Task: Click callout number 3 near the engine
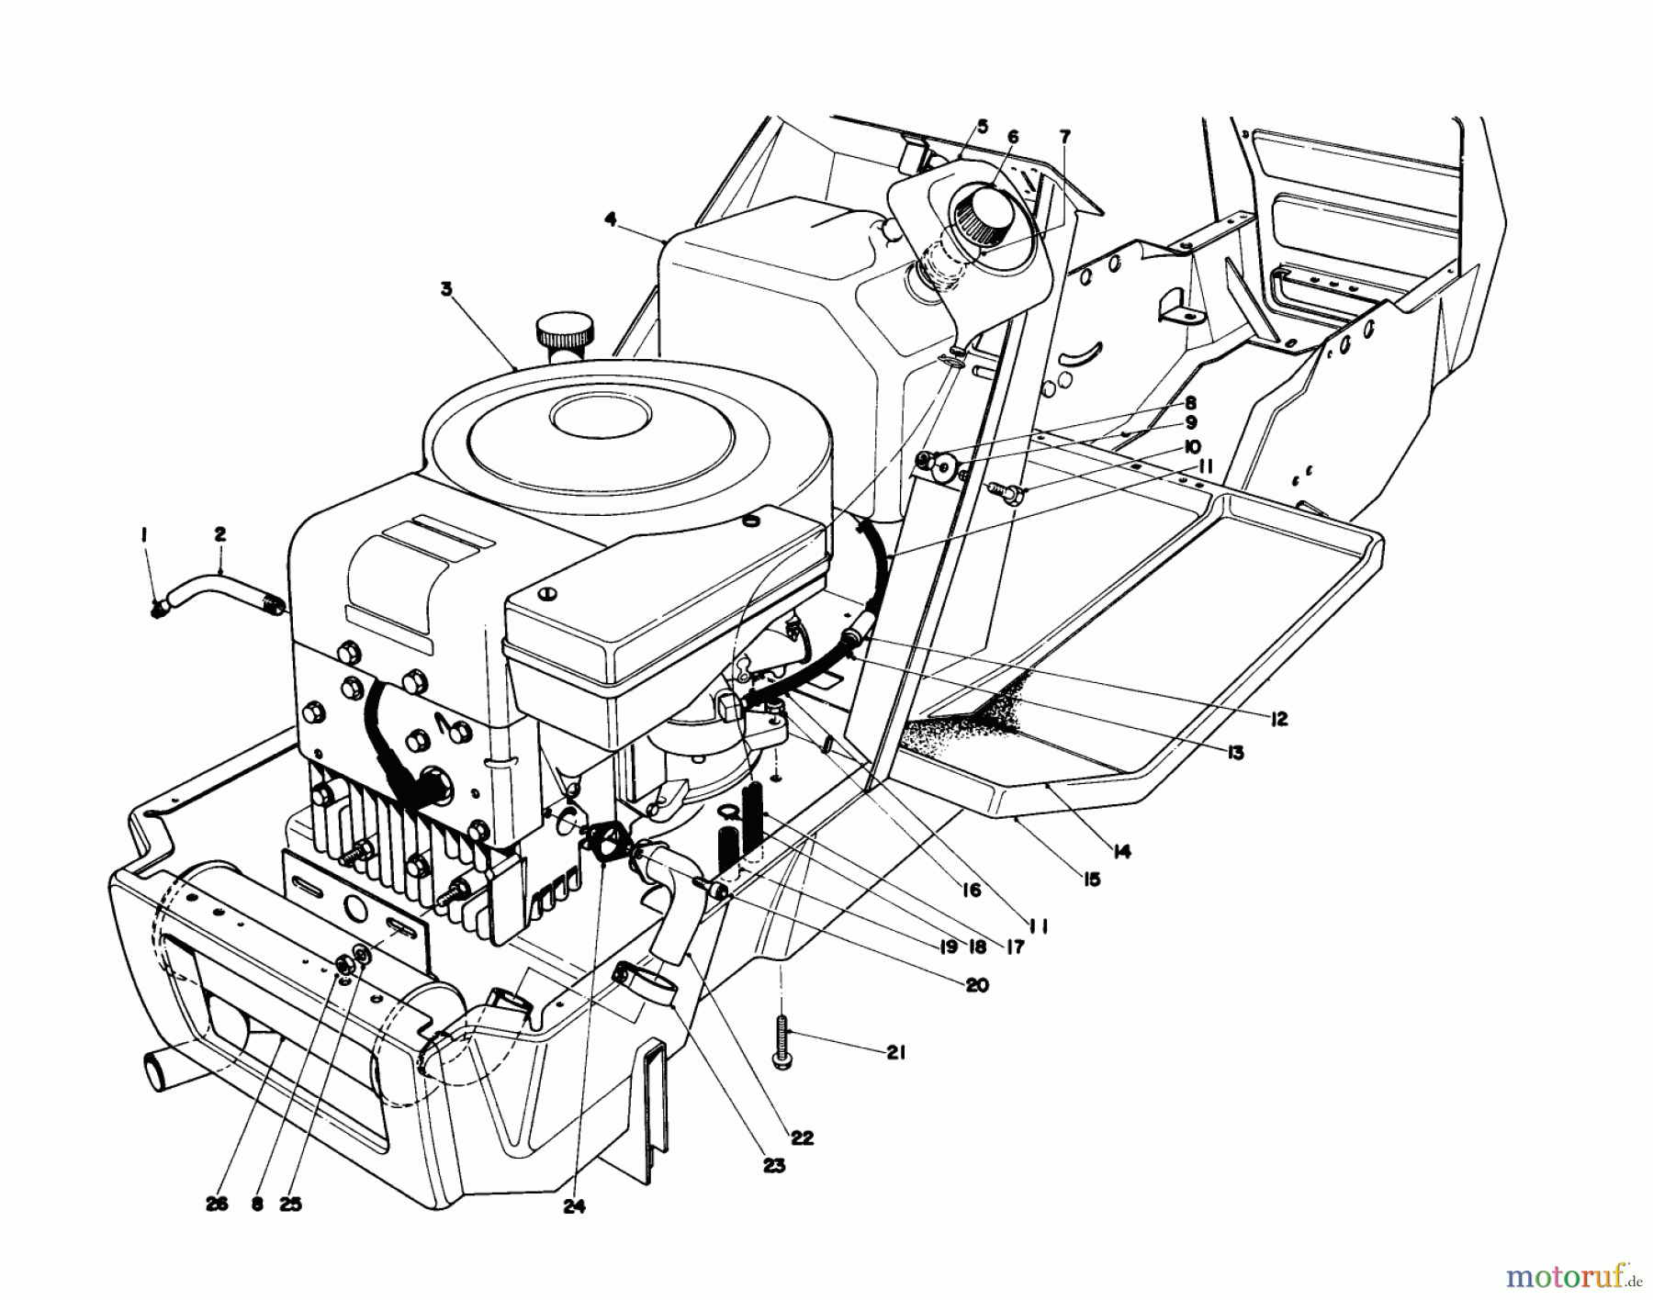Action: [x=446, y=289]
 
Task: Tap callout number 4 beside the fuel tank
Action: [x=610, y=219]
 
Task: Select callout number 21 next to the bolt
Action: [x=895, y=1053]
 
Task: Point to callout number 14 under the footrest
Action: [x=1119, y=851]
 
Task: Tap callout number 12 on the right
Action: [x=1278, y=719]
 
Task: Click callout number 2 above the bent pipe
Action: [x=220, y=533]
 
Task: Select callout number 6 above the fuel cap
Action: [x=1013, y=136]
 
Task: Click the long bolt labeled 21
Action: [x=782, y=1044]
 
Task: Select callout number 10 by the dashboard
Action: [x=1192, y=446]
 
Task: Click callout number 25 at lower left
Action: [x=291, y=1205]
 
